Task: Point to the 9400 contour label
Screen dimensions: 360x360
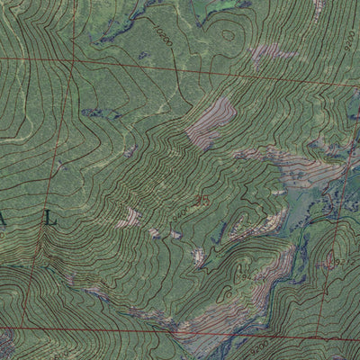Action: pos(181,209)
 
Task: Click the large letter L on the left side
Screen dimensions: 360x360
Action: pos(50,218)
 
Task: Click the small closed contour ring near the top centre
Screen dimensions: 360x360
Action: pos(228,35)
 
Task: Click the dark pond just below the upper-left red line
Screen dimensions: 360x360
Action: pos(97,114)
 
